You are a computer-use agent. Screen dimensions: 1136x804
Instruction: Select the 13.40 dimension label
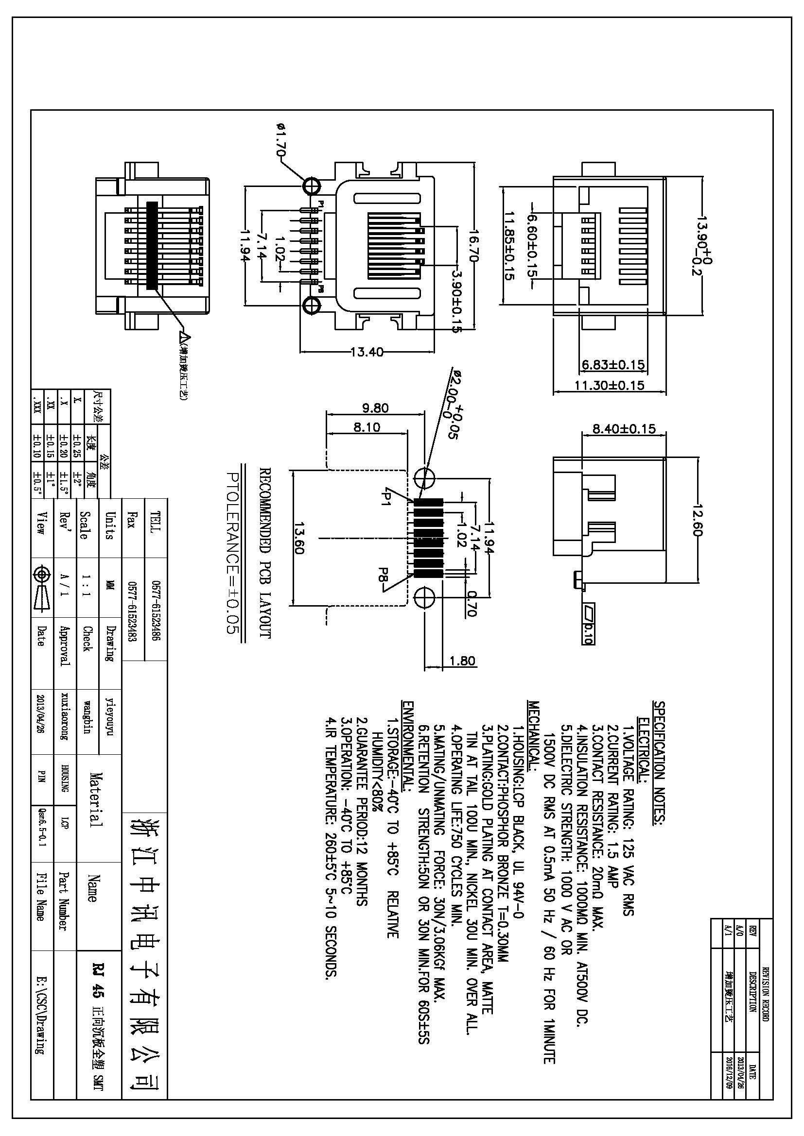tap(367, 352)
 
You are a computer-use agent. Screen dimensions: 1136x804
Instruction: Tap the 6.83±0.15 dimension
tap(613, 365)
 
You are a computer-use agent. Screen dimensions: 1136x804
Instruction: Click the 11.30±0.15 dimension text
tap(609, 385)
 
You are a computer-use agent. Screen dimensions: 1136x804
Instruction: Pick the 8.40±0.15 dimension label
tap(624, 428)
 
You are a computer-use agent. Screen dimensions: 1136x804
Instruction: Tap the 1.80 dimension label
tap(462, 661)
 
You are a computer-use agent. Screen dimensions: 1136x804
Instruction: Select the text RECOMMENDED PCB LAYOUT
tap(265, 553)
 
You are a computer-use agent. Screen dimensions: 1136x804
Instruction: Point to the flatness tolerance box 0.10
tap(589, 625)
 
